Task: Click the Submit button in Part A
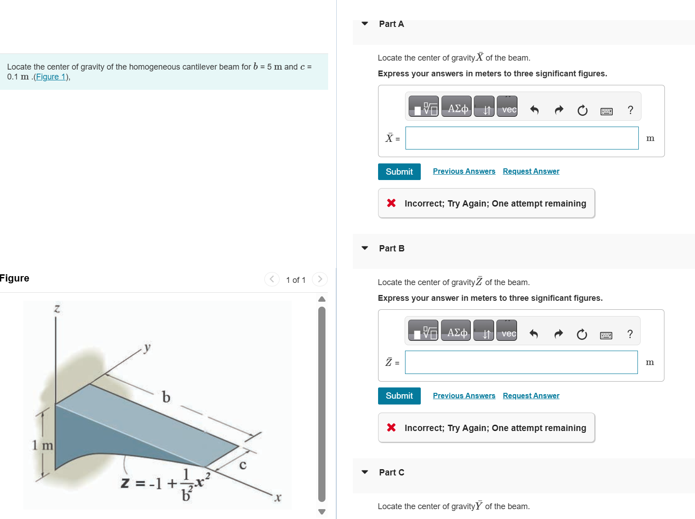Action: point(399,172)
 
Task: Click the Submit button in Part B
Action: point(399,396)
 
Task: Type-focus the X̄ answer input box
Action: point(521,138)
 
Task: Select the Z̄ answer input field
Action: point(521,362)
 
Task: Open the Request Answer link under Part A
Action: point(531,171)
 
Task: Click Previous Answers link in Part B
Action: point(463,396)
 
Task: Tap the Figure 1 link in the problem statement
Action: point(51,77)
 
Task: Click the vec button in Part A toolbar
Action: point(507,106)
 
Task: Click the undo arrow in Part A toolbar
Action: point(534,110)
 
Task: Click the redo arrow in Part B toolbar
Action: point(558,334)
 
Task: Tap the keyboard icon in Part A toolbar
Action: point(606,111)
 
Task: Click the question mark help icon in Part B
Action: point(630,334)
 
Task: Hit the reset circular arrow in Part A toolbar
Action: point(582,110)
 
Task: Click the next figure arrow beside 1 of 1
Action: point(320,279)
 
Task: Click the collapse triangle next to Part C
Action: point(365,472)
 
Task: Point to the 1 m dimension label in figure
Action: point(42,445)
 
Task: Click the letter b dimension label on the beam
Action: point(166,397)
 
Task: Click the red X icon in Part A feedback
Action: point(392,203)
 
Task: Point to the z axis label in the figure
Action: point(57,308)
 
